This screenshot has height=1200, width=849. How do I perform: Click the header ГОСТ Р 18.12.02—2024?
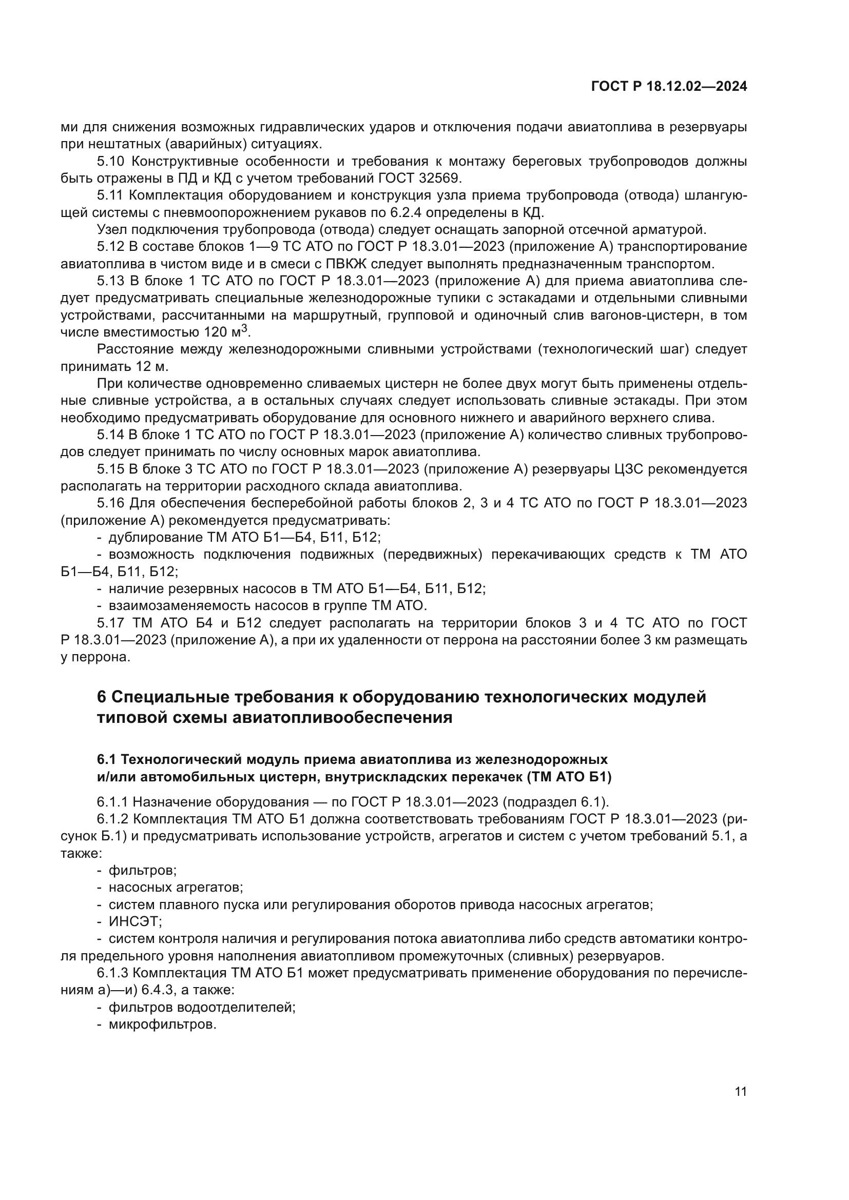point(669,86)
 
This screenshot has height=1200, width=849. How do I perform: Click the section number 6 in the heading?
point(102,697)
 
